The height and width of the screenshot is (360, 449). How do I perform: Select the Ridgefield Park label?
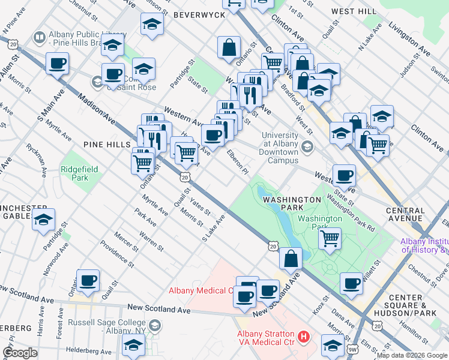pyautogui.click(x=74, y=173)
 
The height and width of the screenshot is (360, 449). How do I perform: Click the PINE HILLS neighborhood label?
pyautogui.click(x=107, y=145)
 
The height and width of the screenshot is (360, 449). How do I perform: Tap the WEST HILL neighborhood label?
pyautogui.click(x=354, y=11)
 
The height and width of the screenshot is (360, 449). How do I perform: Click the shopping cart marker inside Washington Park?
pyautogui.click(x=330, y=238)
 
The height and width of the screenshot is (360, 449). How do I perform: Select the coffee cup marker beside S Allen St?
pyautogui.click(x=57, y=63)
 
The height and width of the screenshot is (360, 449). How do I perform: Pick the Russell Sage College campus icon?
pyautogui.click(x=155, y=325)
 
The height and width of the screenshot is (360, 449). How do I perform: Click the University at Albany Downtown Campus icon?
pyautogui.click(x=307, y=146)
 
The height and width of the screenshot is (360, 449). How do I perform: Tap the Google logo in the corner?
pyautogui.click(x=20, y=353)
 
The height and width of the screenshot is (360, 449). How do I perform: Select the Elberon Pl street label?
pyautogui.click(x=237, y=162)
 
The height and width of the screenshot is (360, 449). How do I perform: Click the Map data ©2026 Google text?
pyautogui.click(x=412, y=355)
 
